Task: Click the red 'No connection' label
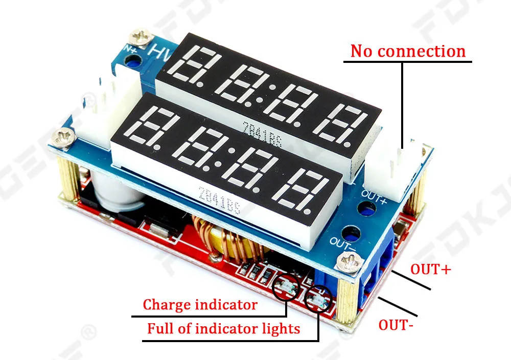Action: point(408,51)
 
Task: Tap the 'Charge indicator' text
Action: point(200,305)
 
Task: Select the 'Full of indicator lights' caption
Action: point(223,328)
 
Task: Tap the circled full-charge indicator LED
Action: point(315,300)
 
